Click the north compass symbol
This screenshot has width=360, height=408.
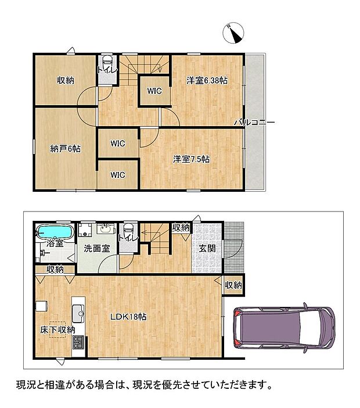[x=233, y=33]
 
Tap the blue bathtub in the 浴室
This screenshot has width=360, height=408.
[x=55, y=231]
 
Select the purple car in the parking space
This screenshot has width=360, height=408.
[x=284, y=328]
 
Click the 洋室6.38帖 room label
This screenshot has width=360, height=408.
[x=207, y=80]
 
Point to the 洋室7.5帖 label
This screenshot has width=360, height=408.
[x=191, y=159]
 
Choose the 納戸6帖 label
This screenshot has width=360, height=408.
[x=65, y=149]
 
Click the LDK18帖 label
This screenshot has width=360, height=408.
[x=128, y=317]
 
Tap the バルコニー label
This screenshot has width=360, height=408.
[x=254, y=122]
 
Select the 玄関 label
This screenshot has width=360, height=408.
[x=207, y=249]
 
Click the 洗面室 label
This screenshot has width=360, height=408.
[x=97, y=249]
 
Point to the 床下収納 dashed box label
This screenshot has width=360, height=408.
[x=57, y=330]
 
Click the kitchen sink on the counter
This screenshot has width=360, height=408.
[x=78, y=313]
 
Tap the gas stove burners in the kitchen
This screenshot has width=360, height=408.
[x=78, y=342]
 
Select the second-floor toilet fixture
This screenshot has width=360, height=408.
[x=107, y=63]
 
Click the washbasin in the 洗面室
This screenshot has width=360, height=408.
[x=106, y=229]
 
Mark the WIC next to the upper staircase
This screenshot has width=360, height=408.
[x=154, y=91]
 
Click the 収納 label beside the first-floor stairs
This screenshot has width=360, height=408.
[x=181, y=227]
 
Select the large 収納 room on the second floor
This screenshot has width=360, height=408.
[x=66, y=80]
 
